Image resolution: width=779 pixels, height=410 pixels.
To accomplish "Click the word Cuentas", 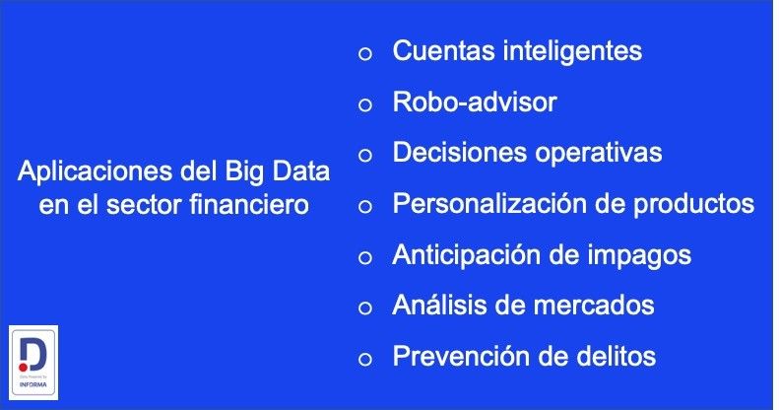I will tap(438, 51).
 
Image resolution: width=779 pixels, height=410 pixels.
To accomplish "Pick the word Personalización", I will tap(484, 205).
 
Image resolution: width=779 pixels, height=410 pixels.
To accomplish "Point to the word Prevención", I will tap(454, 356).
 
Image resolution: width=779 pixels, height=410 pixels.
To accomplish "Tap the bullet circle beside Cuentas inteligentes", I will tap(365, 54).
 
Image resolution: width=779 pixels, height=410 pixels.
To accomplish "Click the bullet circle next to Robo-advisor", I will tap(365, 104).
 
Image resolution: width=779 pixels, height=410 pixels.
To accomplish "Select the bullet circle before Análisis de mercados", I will tap(365, 308).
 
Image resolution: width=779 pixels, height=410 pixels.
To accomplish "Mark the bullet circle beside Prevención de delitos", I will tap(365, 359).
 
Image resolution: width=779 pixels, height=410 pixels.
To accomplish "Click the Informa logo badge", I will tap(32, 362).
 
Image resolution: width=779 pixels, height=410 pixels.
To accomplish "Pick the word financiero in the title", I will tap(257, 207).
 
